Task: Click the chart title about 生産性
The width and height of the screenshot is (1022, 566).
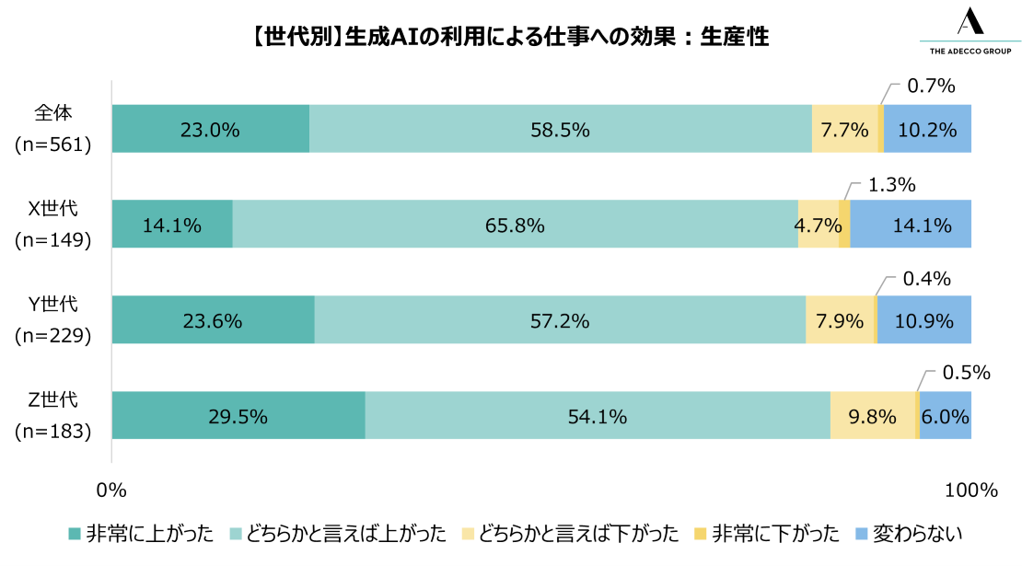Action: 509,37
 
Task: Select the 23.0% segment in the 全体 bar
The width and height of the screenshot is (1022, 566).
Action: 210,129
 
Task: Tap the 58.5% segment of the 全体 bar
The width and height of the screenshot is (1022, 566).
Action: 560,129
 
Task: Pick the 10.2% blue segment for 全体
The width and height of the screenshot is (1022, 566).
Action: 927,129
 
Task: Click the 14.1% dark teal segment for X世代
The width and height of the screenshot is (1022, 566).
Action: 171,225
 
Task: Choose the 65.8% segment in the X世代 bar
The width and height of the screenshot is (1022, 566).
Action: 515,225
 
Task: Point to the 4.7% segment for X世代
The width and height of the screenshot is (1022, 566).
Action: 818,225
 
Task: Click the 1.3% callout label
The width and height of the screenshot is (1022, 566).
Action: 891,185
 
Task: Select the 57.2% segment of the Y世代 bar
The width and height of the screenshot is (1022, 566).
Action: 560,320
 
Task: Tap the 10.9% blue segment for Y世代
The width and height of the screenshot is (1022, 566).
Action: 924,320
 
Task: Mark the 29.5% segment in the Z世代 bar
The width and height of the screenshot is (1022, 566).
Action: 238,416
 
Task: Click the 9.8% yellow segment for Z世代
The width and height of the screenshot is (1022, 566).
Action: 873,416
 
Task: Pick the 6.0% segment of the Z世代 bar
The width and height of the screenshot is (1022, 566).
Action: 946,416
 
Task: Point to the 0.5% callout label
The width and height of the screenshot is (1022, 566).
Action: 965,373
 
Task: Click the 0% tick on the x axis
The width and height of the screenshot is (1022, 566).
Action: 111,490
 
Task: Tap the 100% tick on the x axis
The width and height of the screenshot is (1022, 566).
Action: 970,490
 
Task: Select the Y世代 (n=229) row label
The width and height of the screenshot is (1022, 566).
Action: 52,319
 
